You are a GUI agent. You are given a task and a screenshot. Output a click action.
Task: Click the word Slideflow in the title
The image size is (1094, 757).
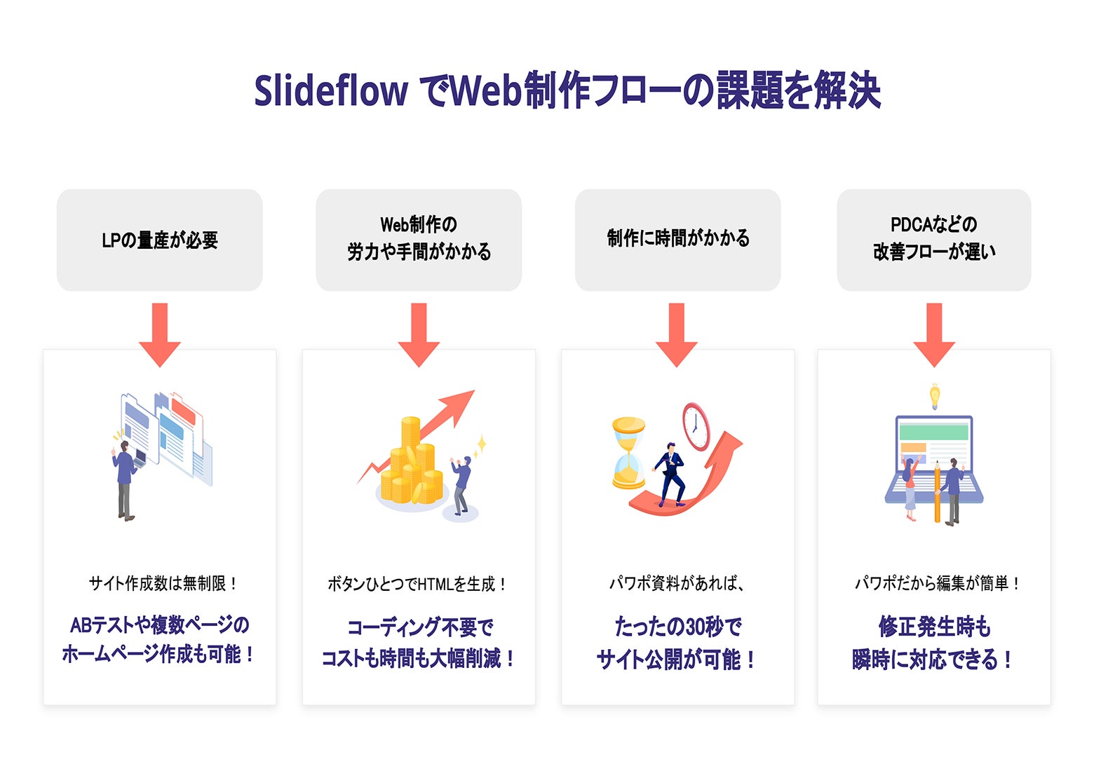click(330, 91)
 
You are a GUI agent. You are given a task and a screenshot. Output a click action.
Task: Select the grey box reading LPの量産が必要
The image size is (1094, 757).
click(160, 240)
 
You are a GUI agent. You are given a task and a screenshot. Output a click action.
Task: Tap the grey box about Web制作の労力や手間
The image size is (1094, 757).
click(419, 240)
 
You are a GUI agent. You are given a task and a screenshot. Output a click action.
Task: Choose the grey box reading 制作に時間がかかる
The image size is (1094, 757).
click(677, 240)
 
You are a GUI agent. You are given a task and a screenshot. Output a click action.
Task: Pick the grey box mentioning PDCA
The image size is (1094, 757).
click(933, 240)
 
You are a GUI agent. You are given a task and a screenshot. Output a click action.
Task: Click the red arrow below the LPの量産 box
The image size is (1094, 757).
click(160, 334)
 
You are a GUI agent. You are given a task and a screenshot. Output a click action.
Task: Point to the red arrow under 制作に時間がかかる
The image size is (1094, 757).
click(677, 334)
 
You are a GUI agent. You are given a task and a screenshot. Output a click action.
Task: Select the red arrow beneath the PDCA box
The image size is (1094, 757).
click(933, 334)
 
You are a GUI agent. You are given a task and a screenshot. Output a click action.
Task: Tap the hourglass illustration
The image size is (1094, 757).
click(628, 453)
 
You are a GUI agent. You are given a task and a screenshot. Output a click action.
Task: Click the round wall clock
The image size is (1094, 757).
click(696, 425)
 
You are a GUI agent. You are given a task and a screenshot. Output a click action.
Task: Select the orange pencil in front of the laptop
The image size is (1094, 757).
click(937, 491)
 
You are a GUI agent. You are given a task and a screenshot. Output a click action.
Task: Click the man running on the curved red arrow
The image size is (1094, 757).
click(669, 474)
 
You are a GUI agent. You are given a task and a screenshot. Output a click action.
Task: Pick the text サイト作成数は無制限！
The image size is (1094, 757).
click(163, 583)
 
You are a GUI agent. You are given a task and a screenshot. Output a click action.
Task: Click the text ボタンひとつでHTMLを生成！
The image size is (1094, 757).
click(418, 584)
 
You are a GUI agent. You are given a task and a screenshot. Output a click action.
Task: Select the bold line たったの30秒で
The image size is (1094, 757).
click(677, 626)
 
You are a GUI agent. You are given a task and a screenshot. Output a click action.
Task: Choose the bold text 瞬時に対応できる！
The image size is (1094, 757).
click(933, 659)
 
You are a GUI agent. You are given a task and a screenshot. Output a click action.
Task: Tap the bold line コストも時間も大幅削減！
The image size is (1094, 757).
click(418, 658)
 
